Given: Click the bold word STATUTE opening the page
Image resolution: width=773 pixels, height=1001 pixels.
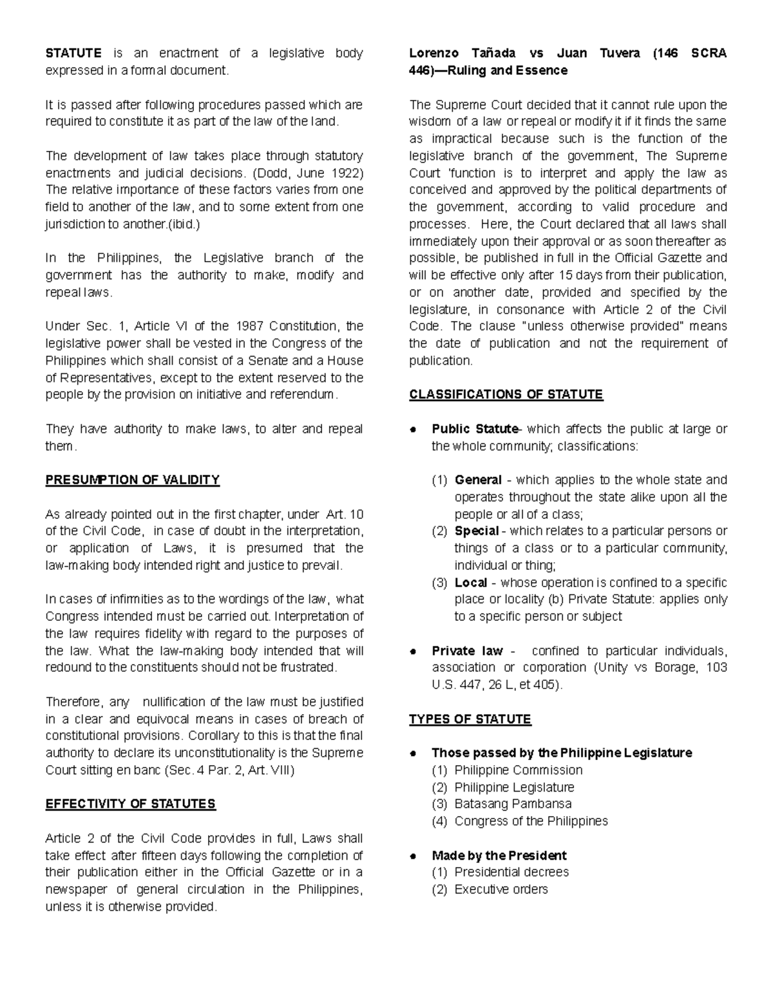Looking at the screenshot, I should point(73,53).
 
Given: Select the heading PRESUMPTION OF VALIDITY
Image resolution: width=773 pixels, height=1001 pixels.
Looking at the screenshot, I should point(132,480).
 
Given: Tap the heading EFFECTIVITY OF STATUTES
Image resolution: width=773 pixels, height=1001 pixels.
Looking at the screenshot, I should point(130,804).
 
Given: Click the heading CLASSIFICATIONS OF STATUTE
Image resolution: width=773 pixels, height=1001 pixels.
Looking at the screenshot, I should point(506,395).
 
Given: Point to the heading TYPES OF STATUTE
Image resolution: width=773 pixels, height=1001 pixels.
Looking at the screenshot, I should point(470,719).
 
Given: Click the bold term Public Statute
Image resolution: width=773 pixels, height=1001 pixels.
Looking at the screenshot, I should point(475,429).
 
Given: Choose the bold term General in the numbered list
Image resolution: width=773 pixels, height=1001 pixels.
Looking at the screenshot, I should point(478,480).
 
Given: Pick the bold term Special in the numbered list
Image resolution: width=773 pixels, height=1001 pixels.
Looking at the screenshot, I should point(477,531).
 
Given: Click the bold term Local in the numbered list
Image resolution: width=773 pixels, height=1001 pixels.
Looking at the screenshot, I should point(470,583).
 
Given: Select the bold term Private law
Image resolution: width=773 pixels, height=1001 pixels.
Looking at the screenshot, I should point(467,651).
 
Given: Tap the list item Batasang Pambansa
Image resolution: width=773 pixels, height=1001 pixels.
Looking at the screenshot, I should point(513,804).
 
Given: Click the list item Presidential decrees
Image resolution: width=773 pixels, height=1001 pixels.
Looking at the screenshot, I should point(511,872).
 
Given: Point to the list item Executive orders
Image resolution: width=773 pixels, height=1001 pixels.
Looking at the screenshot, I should point(501,889).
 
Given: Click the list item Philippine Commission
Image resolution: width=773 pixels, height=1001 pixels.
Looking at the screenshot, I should point(518,770).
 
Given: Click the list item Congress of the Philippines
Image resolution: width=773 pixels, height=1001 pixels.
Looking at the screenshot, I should point(531,821).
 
